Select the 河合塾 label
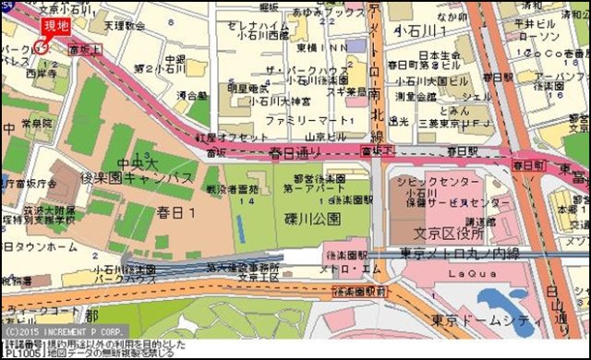pos(192,94)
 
